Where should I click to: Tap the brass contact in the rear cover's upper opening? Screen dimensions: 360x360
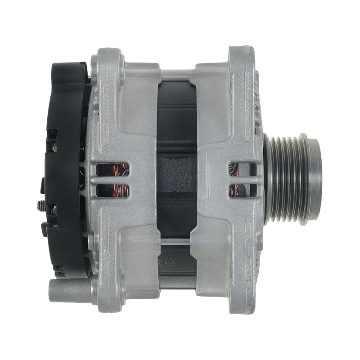[x=54, y=145]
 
